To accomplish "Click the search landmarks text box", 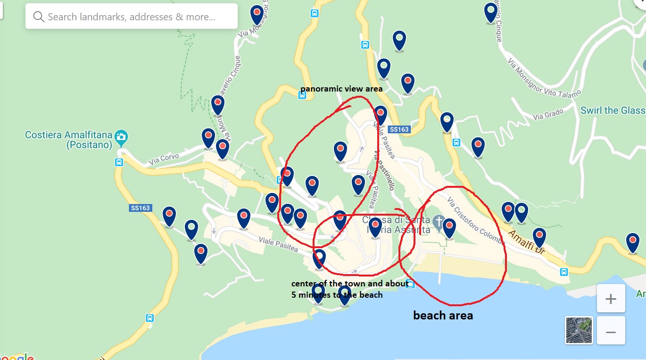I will click(x=132, y=17).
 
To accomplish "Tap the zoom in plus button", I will click(x=611, y=299).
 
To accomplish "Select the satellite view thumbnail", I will click(x=579, y=330).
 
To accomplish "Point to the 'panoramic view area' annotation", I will click(x=341, y=89).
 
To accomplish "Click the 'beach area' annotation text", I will click(x=443, y=315).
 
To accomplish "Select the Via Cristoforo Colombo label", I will click(x=476, y=220).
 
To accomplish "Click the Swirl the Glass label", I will click(x=613, y=110).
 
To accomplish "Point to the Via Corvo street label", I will click(x=164, y=159).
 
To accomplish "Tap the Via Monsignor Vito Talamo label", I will click(x=544, y=78).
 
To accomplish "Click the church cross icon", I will click(x=439, y=221).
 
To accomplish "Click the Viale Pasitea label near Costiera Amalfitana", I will click(x=278, y=243).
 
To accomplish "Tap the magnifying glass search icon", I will click(x=39, y=17).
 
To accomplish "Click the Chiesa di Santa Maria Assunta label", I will click(x=396, y=225).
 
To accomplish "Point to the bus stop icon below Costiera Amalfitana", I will click(x=119, y=162).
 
